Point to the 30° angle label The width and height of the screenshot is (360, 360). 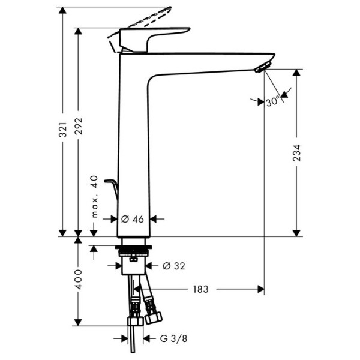(x=273, y=102)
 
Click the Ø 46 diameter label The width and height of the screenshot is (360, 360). (x=133, y=220)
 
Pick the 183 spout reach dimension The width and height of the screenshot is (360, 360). (x=200, y=289)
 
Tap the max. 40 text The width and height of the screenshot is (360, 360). (x=94, y=197)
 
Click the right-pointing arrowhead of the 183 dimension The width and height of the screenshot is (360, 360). (x=260, y=289)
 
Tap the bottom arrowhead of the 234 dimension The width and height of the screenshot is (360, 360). (x=296, y=232)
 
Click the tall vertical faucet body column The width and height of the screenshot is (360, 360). (x=133, y=144)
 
